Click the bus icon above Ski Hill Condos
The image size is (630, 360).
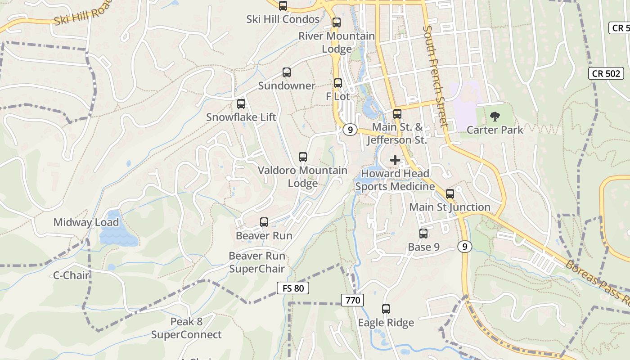[x=283, y=6]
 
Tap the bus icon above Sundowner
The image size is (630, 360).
[x=287, y=72]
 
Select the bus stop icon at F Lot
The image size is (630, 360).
[x=338, y=83]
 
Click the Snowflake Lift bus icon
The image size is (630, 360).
[x=241, y=104]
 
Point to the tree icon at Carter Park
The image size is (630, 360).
[x=495, y=117]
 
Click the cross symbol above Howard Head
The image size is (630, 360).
[x=395, y=160]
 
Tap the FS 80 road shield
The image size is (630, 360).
[x=293, y=288]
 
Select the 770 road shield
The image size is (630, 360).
[x=352, y=300]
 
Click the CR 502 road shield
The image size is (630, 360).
[x=606, y=74]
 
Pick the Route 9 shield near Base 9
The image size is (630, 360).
[x=465, y=247]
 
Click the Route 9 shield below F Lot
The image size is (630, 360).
[x=350, y=130]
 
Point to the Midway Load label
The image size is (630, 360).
[x=86, y=222]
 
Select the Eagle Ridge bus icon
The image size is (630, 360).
[x=386, y=309]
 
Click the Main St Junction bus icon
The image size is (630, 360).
[x=450, y=194]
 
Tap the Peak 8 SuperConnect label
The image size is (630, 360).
[x=186, y=328]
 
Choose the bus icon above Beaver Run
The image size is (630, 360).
[x=264, y=222]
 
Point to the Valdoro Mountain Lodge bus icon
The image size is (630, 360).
[x=303, y=157]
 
